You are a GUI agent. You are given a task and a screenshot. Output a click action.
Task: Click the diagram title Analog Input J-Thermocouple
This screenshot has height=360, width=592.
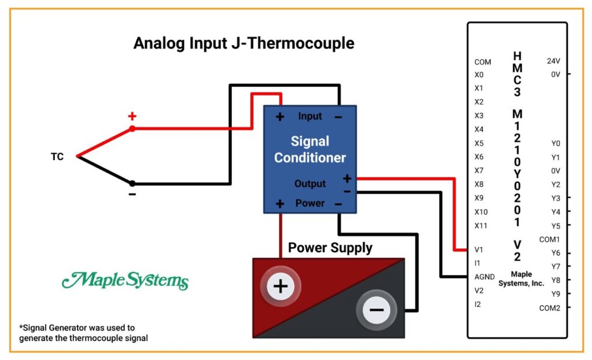coord(244,43)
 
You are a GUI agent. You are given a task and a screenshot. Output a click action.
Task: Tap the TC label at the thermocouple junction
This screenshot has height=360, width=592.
coord(57,157)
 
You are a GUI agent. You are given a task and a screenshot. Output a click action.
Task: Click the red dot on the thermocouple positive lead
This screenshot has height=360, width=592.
coord(132,129)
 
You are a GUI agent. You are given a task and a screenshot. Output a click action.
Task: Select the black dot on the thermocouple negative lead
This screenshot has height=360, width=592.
coord(132,183)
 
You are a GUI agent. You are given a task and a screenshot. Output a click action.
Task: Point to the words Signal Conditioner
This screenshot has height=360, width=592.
coord(310,150)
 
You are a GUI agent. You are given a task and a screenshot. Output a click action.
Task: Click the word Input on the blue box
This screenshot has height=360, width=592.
coord(310,116)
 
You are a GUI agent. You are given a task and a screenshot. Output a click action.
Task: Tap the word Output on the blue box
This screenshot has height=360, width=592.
coord(310,184)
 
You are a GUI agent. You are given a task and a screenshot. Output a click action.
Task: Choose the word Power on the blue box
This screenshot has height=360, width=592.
coord(310,203)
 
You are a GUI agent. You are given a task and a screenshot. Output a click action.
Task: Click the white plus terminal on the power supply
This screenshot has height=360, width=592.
coord(280,286)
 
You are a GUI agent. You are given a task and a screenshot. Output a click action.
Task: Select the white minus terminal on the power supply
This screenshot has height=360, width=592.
coord(376,310)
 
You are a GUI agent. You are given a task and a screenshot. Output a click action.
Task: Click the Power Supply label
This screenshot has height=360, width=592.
coord(330,248)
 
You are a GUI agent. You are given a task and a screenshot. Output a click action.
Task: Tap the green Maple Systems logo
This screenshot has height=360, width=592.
coord(125,281)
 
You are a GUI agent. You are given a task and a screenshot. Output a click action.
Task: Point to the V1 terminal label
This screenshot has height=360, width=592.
coord(479,250)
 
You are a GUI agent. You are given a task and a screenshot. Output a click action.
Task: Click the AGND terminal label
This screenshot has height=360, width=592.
coord(484,277)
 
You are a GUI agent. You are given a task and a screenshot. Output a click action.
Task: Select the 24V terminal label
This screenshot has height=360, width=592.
coord(553,61)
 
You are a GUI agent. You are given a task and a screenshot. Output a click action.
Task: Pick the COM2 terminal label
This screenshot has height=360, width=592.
coord(550,308)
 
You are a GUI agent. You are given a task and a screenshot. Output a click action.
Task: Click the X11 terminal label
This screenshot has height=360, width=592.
coord(480,226)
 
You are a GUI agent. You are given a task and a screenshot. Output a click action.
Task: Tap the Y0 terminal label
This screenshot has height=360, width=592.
coord(556,143)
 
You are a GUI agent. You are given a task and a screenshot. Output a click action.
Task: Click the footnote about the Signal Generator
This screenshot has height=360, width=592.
coord(83,333)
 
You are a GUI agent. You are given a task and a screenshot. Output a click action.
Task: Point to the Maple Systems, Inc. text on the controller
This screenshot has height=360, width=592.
coord(521,279)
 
